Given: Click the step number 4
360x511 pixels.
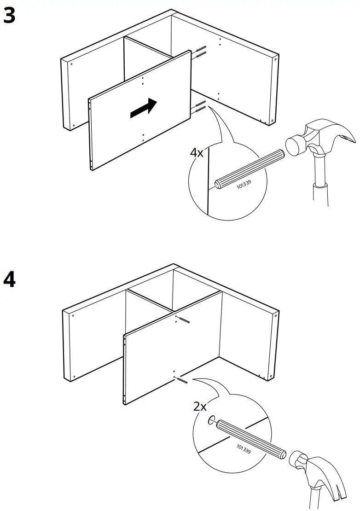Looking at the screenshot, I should pyautogui.click(x=9, y=279).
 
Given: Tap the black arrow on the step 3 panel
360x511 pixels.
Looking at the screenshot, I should pyautogui.click(x=143, y=108).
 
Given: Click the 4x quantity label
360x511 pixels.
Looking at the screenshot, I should pyautogui.click(x=197, y=153).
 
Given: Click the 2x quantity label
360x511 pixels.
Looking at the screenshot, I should pyautogui.click(x=200, y=406).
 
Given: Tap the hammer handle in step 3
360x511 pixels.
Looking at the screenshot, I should pyautogui.click(x=319, y=184).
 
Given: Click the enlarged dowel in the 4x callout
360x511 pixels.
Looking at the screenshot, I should pyautogui.click(x=249, y=168).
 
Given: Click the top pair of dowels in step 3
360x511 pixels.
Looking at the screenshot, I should pyautogui.click(x=201, y=51).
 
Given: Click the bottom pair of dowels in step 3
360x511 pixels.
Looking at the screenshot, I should pyautogui.click(x=200, y=107).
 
